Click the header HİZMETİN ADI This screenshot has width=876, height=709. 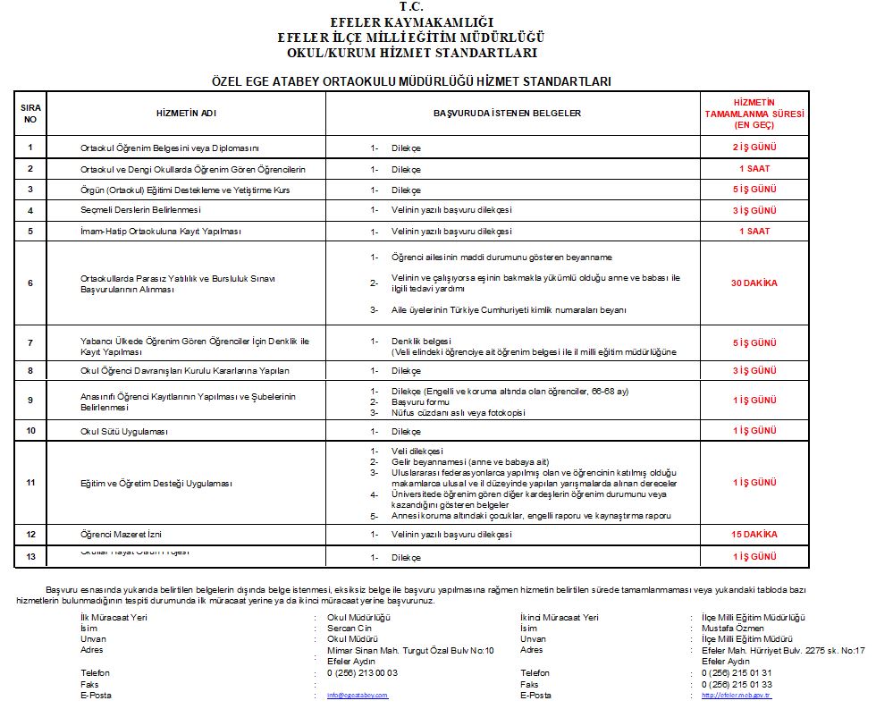click(x=186, y=114)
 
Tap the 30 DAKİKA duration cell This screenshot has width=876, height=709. click(x=754, y=283)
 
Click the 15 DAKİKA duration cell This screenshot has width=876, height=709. click(x=754, y=535)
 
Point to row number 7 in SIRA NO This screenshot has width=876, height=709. click(x=30, y=342)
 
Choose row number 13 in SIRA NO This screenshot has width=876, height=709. click(x=30, y=557)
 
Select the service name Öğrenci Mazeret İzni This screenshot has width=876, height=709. click(x=121, y=535)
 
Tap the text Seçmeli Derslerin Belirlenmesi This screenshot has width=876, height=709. click(x=140, y=210)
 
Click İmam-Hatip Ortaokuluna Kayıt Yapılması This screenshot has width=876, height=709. click(x=160, y=232)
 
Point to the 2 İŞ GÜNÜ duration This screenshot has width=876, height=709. click(x=754, y=148)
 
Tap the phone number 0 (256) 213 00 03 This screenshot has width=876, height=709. click(x=363, y=672)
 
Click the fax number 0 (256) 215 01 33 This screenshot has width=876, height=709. click(x=737, y=684)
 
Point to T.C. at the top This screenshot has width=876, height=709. click(x=411, y=8)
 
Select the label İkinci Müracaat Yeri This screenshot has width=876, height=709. click(x=560, y=617)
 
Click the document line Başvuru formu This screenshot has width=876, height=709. click(x=420, y=402)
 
